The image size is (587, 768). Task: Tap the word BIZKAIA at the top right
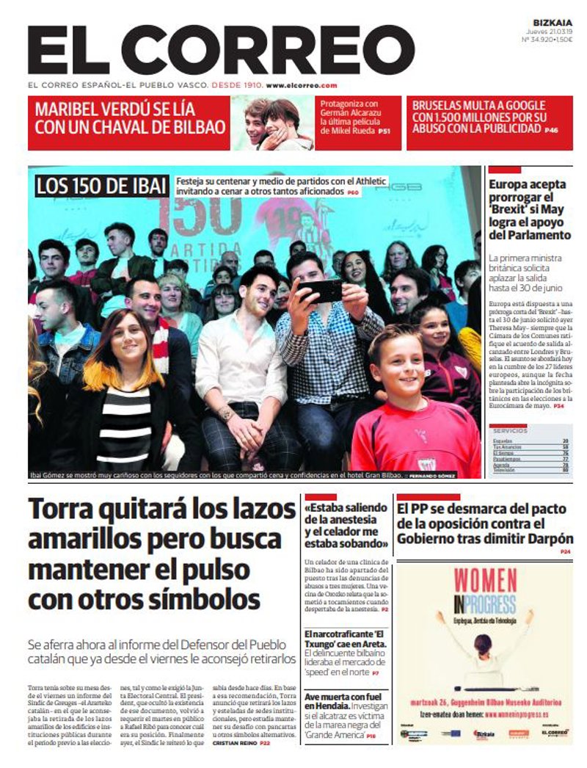coord(553,23)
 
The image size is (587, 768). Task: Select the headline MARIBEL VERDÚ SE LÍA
coord(115,109)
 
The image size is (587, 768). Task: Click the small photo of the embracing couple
coord(273,123)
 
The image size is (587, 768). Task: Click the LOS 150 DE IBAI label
coord(101,186)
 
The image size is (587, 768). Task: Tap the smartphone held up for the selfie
coord(319,291)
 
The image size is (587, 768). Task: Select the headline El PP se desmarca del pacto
coord(484,523)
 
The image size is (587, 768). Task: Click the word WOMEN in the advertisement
coord(485,580)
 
